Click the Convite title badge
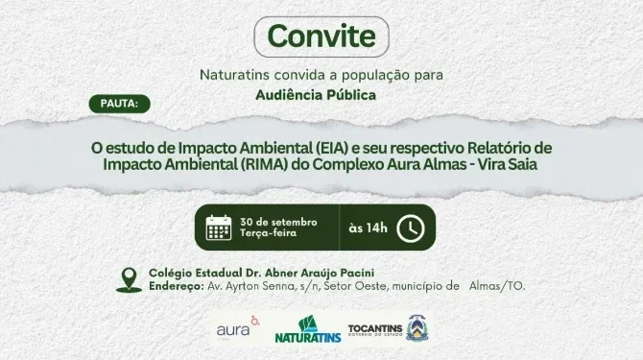(x=321, y=36)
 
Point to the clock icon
(x=410, y=228)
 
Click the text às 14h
(x=368, y=228)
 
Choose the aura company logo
(x=237, y=328)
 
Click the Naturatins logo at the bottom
(x=306, y=330)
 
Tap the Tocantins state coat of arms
(x=421, y=327)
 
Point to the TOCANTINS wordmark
(x=374, y=325)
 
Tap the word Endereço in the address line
(x=174, y=285)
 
